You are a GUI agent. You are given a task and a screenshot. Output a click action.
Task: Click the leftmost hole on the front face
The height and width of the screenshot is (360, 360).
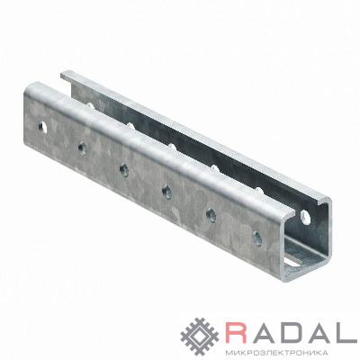[x=43, y=128]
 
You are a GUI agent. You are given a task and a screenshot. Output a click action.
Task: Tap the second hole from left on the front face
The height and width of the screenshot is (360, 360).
[x=83, y=148]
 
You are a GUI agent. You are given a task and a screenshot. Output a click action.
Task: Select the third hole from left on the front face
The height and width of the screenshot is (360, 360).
[x=124, y=170]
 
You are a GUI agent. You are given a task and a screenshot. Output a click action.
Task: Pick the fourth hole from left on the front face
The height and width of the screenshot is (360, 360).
[x=167, y=192]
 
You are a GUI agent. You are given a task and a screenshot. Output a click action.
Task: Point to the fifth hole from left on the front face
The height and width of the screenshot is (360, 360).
[x=211, y=215]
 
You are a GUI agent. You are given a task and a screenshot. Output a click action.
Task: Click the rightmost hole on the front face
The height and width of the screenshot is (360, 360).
[x=257, y=238]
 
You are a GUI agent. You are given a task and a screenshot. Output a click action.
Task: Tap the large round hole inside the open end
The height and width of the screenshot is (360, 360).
[x=305, y=217]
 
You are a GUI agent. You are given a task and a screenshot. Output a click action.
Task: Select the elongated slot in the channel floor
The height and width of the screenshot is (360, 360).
[x=295, y=260]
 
